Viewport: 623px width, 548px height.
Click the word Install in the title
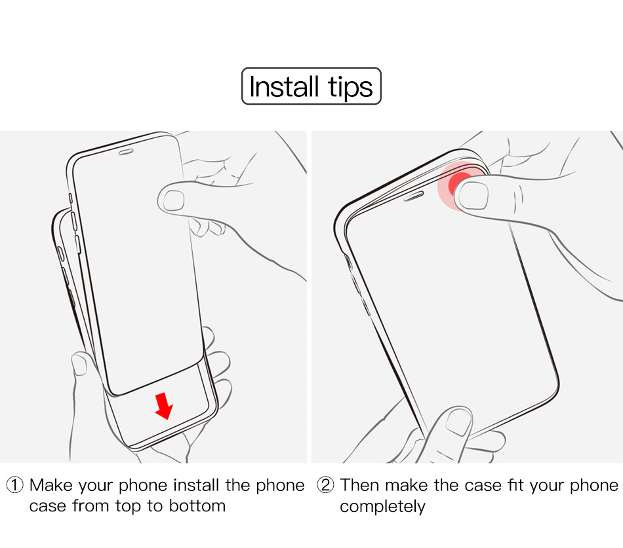[x=284, y=86]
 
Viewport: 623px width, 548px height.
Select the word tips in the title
[x=350, y=88]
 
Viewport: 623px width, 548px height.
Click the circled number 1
[x=15, y=485]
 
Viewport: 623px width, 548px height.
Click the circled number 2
[x=325, y=485]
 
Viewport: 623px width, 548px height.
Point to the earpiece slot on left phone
[x=126, y=152]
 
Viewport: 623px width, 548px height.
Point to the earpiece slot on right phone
[x=414, y=196]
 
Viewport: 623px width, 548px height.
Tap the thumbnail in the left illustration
[x=174, y=200]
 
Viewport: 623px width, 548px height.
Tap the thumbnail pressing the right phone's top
[x=473, y=195]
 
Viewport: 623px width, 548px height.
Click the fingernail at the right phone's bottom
[x=458, y=422]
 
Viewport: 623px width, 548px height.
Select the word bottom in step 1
[x=197, y=506]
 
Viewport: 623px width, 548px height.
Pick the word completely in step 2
[x=382, y=507]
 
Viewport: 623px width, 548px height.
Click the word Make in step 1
[x=51, y=485]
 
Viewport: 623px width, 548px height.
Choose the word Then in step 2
[x=360, y=485]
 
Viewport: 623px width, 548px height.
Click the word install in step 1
[x=196, y=485]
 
